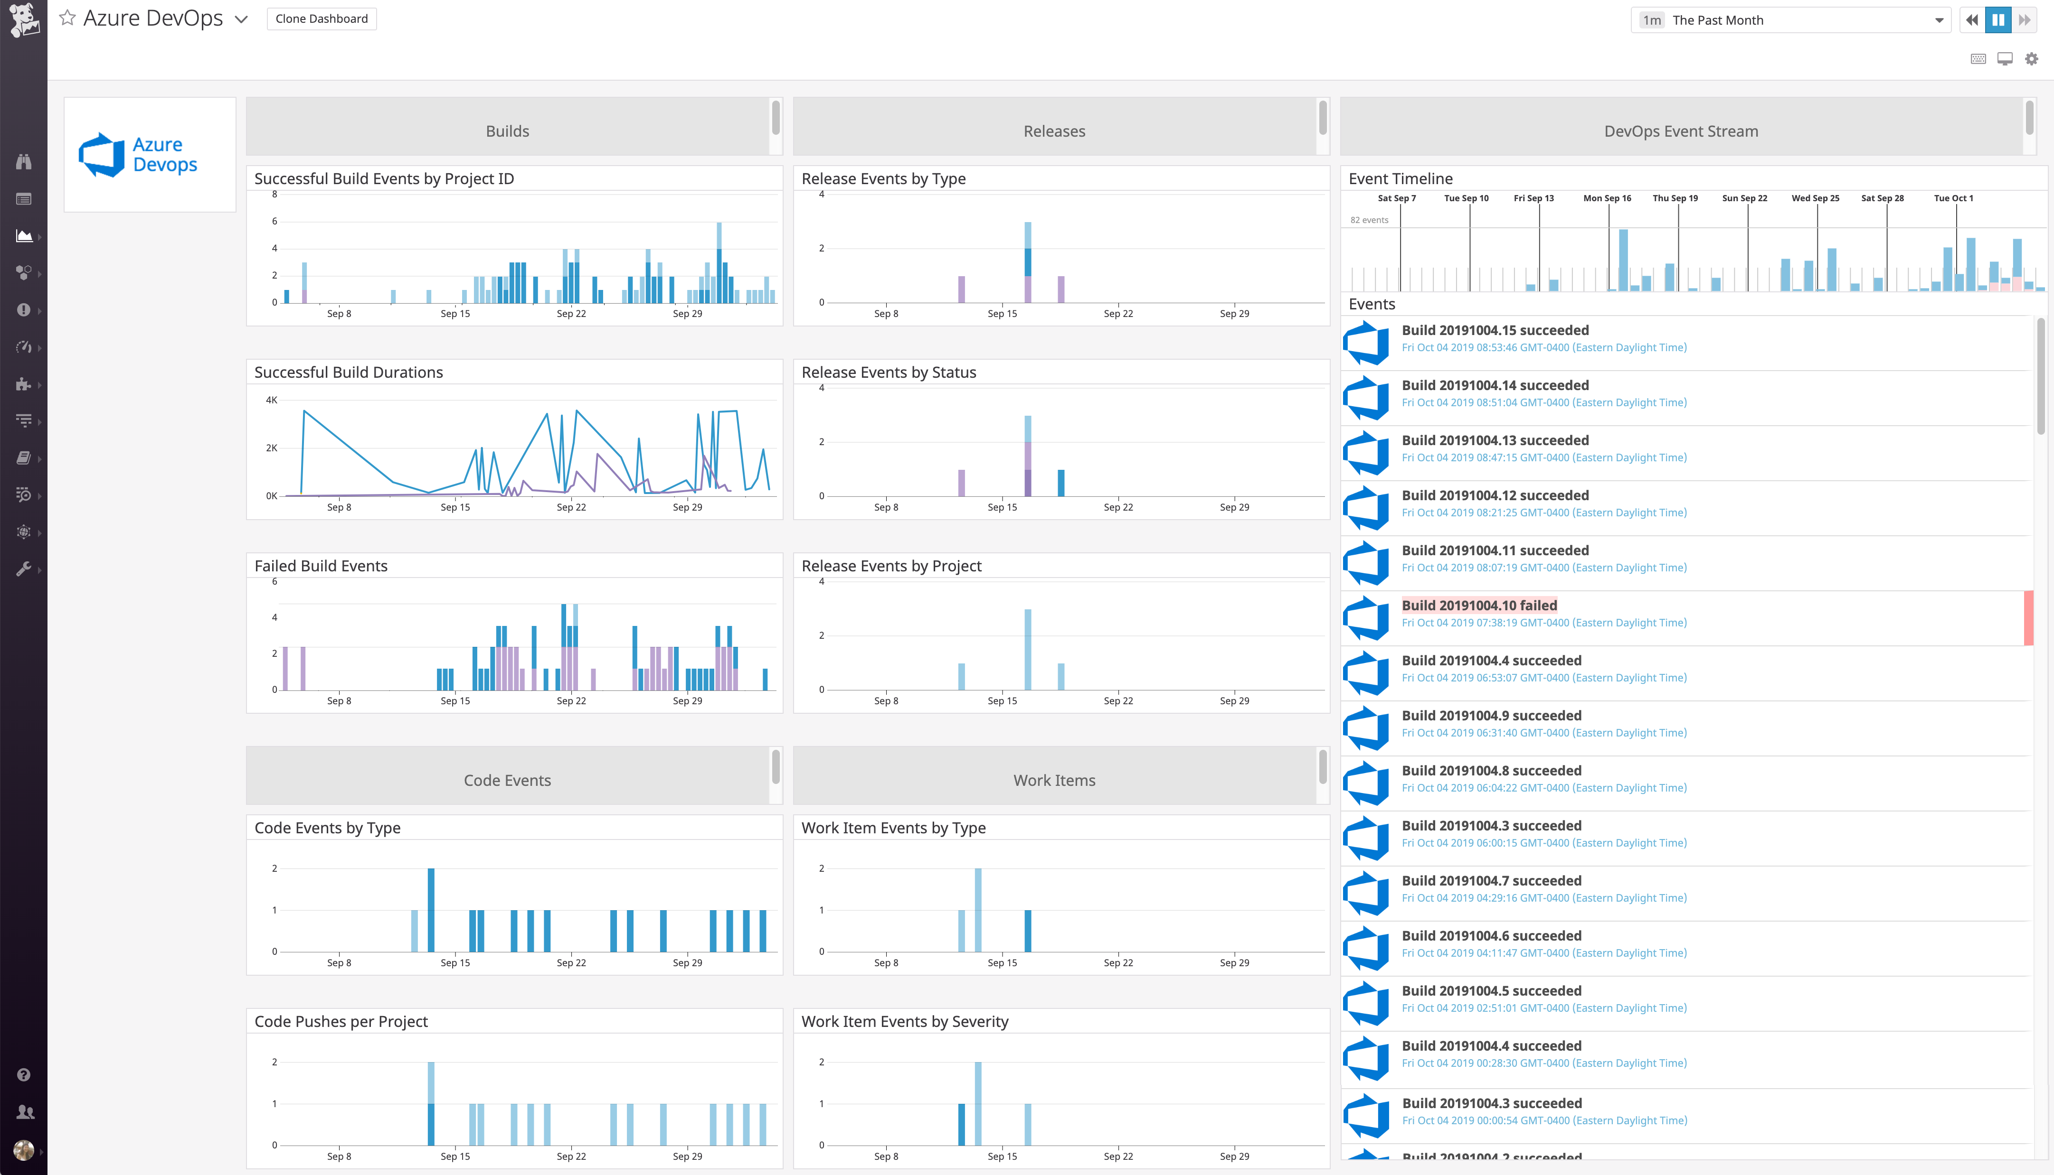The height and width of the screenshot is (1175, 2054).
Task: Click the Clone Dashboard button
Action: (x=322, y=19)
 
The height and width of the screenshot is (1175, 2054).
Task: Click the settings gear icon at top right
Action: (x=2031, y=59)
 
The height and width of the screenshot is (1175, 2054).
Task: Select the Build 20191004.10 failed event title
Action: (x=1479, y=605)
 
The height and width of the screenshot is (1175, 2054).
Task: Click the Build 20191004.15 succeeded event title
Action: (x=1495, y=330)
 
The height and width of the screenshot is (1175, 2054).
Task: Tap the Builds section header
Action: (x=507, y=131)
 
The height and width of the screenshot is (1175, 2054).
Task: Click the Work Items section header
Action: (x=1054, y=780)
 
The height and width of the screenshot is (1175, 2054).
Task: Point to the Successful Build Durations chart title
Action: (x=348, y=372)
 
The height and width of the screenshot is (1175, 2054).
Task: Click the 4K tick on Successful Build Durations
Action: (x=271, y=400)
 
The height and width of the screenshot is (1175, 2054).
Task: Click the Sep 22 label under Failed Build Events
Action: (x=571, y=700)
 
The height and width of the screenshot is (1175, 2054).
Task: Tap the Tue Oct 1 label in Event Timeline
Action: (x=1953, y=198)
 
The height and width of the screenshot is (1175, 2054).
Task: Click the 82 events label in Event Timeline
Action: (x=1369, y=220)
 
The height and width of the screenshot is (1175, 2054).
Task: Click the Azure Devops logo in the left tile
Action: (x=138, y=154)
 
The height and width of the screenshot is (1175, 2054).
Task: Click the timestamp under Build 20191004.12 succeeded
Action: (x=1544, y=513)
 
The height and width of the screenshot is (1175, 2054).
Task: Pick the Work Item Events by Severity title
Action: (x=904, y=1022)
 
